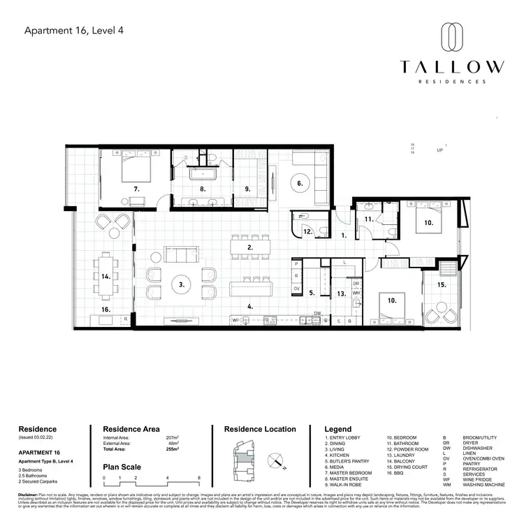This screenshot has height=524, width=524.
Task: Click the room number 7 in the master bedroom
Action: [138, 189]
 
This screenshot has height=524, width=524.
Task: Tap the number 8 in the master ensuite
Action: [203, 189]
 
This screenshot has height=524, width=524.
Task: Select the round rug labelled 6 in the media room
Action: [299, 183]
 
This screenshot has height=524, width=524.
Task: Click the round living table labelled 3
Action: [181, 284]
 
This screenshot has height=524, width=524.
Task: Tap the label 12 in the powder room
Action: [307, 231]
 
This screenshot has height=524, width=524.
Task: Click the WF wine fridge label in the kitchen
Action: [235, 321]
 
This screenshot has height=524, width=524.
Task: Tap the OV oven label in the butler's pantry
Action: [296, 289]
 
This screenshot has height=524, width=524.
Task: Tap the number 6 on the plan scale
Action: [199, 479]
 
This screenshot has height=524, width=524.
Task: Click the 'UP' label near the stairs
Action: [440, 150]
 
